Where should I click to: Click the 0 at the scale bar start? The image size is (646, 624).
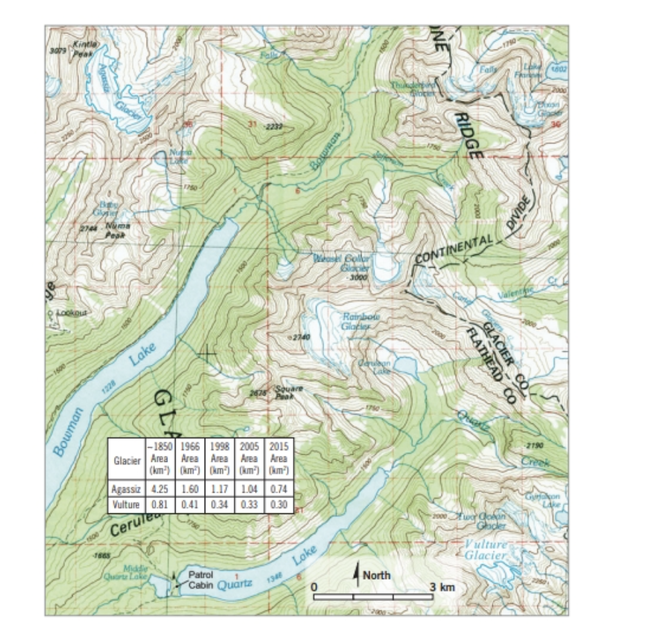click(x=315, y=587)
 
